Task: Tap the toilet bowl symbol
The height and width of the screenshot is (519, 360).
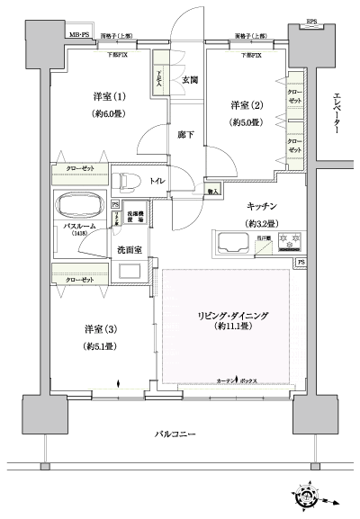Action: click(x=128, y=180)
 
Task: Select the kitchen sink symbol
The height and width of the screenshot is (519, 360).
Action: click(x=233, y=241)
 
